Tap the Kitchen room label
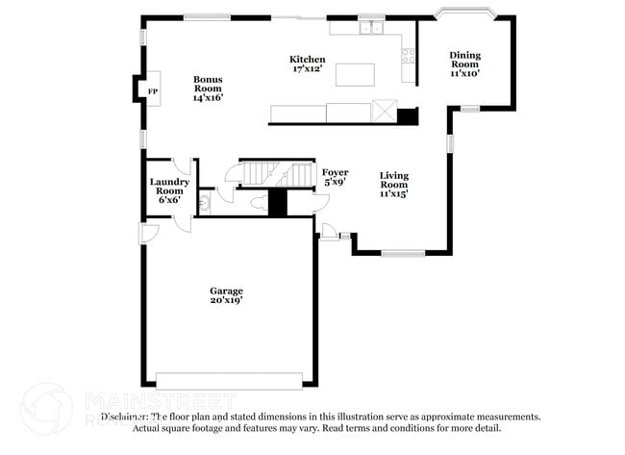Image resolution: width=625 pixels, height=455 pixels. click(308, 60)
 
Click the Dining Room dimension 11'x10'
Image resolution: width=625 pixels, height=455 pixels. click(464, 72)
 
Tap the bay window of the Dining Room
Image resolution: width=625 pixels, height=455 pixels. click(464, 13)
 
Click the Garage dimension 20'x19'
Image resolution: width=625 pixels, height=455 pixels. click(227, 300)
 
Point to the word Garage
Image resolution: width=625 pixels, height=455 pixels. click(227, 290)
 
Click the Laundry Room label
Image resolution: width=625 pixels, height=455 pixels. click(169, 186)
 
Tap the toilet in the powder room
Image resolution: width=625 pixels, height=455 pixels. click(257, 203)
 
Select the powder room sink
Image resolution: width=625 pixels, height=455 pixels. click(204, 204)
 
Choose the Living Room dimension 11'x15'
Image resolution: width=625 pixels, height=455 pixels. click(394, 192)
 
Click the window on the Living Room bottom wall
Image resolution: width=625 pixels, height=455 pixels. click(402, 253)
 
